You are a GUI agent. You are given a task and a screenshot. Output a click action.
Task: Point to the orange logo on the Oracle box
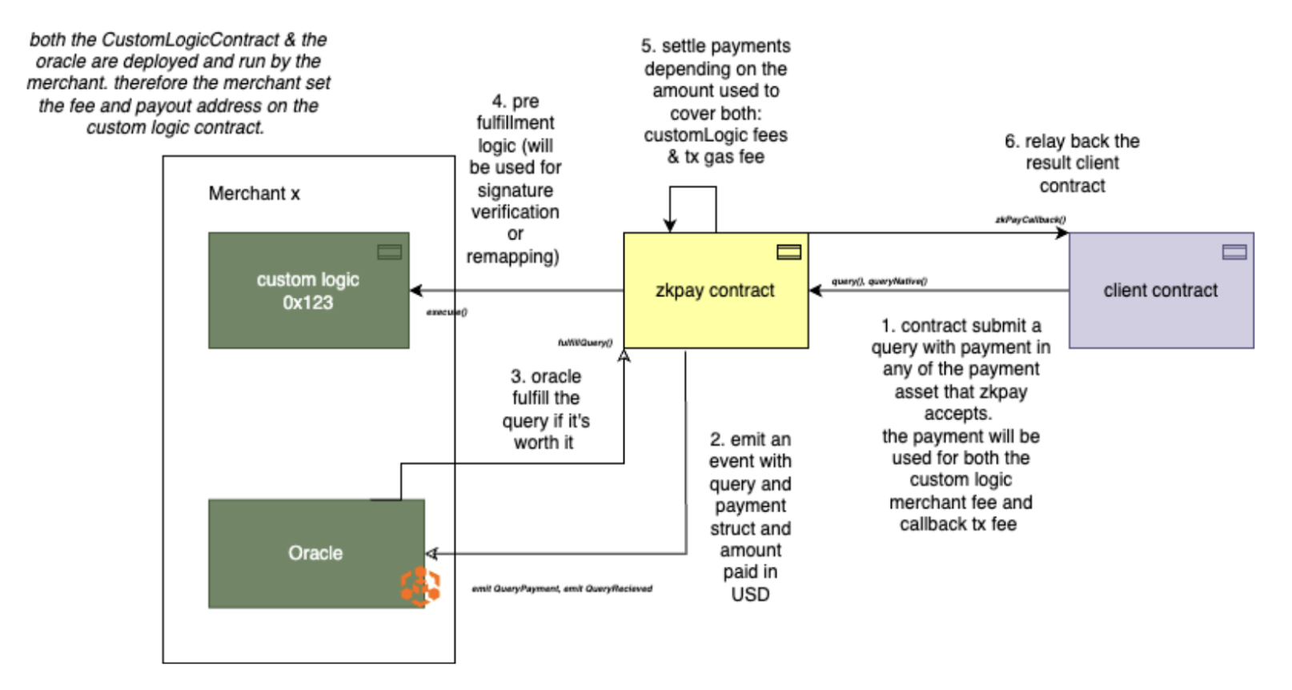click(420, 587)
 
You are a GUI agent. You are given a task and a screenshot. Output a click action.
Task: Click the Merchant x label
click(254, 194)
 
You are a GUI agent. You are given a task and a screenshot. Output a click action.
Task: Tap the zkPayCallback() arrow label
click(1030, 219)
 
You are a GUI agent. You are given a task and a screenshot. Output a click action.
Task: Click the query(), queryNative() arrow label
click(879, 282)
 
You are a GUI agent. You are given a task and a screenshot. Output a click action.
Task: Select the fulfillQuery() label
click(585, 343)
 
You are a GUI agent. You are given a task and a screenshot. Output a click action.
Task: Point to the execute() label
click(447, 312)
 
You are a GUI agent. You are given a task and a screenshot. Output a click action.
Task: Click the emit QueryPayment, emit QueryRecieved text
click(562, 589)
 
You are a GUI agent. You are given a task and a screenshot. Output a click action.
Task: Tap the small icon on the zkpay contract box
click(788, 252)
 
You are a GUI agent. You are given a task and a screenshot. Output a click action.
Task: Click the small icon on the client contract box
click(1234, 252)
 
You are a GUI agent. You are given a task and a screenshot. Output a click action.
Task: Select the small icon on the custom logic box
click(389, 252)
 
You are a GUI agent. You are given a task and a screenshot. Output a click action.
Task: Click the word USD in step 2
click(750, 595)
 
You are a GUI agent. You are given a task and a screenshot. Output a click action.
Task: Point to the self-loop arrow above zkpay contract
click(692, 187)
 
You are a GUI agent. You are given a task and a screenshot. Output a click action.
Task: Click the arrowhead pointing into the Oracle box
click(431, 554)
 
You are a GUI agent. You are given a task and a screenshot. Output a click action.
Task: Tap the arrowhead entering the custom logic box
click(416, 291)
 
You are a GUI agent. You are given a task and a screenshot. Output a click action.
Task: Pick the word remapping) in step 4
click(512, 257)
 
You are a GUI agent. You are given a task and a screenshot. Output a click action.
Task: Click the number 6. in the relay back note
click(1012, 142)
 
